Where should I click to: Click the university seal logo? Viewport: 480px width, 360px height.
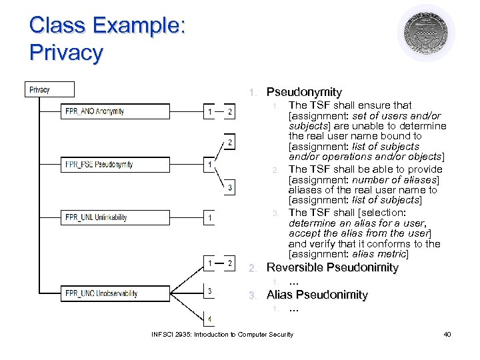[x=426, y=33]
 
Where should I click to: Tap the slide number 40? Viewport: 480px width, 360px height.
[x=447, y=334]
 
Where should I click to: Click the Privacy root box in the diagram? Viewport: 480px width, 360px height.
[x=50, y=89]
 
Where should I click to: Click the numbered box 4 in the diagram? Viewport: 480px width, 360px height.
[x=210, y=319]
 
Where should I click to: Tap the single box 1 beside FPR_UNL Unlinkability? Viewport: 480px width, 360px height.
[x=210, y=218]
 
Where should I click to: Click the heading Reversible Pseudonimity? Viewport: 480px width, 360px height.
[x=332, y=268]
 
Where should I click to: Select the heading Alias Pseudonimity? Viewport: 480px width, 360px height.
[x=317, y=295]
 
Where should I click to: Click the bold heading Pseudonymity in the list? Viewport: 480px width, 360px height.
[x=304, y=92]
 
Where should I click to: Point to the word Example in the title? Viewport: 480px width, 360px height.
[x=139, y=25]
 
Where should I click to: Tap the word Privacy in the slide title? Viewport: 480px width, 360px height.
[x=66, y=52]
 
